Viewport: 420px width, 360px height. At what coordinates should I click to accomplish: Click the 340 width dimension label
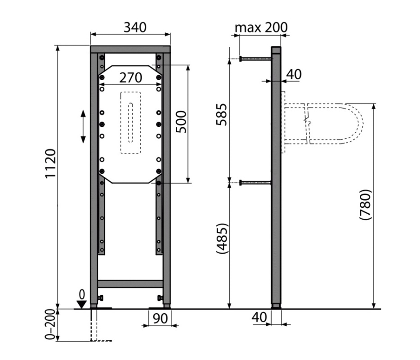click(135, 27)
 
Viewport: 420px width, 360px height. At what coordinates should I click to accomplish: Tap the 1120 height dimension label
click(50, 163)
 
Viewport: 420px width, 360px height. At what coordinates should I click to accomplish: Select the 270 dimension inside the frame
click(131, 78)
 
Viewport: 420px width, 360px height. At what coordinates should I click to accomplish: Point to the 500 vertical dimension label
click(181, 121)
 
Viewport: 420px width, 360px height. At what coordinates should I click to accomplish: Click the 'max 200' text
click(261, 27)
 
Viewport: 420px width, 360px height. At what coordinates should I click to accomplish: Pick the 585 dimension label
click(222, 114)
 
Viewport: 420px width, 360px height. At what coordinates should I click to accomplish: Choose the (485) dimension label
click(222, 238)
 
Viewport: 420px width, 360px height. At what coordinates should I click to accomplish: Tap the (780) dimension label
click(365, 205)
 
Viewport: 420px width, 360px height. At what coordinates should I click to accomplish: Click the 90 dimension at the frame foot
click(160, 318)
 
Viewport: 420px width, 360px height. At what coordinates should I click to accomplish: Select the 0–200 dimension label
click(50, 324)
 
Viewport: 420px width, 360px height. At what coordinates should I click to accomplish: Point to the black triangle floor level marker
click(81, 305)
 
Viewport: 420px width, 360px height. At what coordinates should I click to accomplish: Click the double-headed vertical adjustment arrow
click(83, 126)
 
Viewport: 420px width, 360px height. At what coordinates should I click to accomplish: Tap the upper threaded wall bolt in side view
click(256, 58)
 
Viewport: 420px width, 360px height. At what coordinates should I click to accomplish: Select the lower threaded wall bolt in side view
click(256, 183)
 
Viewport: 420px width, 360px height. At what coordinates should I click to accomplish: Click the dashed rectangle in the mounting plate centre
click(130, 123)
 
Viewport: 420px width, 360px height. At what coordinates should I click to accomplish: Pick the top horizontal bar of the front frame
click(130, 49)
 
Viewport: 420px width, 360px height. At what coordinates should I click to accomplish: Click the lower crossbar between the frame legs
click(130, 284)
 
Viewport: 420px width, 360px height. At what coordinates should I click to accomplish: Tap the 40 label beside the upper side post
click(294, 74)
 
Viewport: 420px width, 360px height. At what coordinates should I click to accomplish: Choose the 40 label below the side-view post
click(259, 317)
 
